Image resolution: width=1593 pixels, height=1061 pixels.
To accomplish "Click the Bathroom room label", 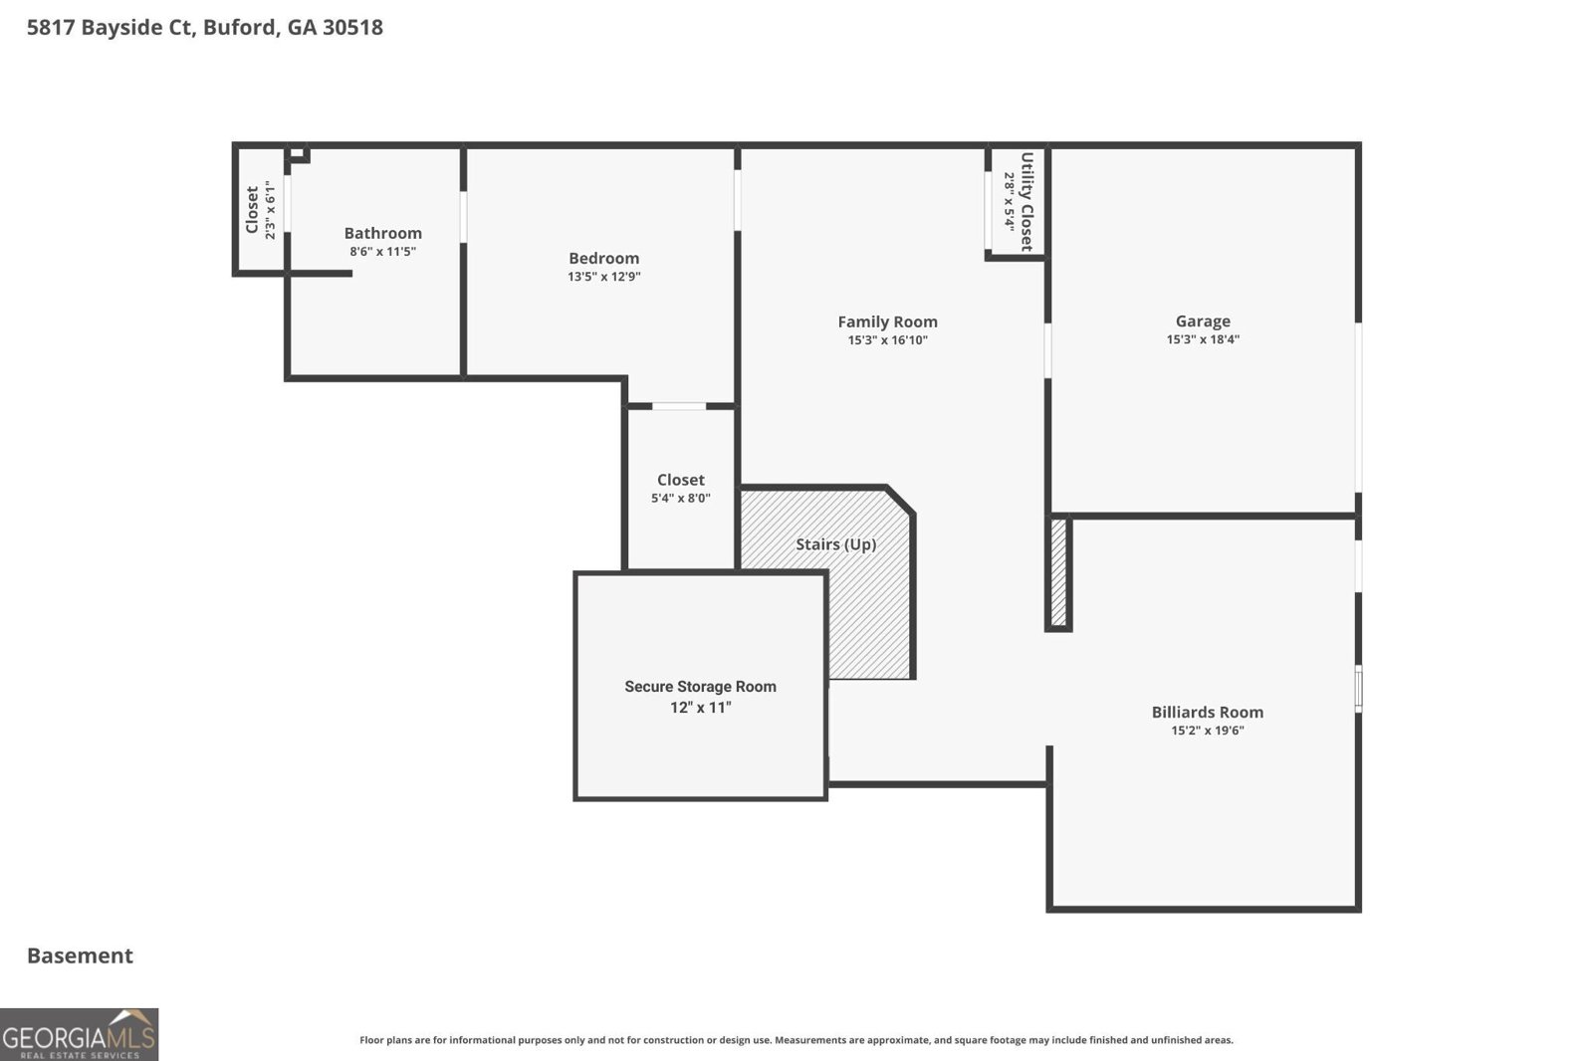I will point(382,233).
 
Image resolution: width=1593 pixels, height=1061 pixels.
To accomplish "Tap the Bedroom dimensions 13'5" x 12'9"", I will point(603,277).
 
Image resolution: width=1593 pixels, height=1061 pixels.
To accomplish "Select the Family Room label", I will point(887,321).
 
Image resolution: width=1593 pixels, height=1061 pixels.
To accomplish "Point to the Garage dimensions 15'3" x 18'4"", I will point(1203,339).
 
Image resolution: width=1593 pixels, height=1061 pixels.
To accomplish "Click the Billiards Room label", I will point(1207,712).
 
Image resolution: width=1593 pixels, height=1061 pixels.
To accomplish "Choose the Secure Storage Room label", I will point(700,687).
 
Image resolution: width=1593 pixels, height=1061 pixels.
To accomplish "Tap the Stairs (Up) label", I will point(835,544).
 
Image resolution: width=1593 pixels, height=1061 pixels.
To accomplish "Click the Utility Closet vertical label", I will point(1026,201).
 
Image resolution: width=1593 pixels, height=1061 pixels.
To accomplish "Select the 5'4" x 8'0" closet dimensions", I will point(680,498).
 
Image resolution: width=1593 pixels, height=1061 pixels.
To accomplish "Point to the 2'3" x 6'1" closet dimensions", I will point(270,209).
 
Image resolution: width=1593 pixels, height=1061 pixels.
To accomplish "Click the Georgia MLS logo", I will point(79,1034).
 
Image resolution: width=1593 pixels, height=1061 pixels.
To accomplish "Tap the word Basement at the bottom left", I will point(80,955).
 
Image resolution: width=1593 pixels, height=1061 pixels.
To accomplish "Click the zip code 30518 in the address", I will point(352,27).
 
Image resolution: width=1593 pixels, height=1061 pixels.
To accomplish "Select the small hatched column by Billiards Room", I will point(1058,572).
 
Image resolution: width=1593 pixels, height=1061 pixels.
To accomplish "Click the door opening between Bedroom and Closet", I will point(679,406).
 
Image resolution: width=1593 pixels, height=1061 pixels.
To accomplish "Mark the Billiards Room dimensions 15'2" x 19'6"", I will point(1207,731).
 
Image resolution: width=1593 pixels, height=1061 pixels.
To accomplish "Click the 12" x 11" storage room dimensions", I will point(700,708).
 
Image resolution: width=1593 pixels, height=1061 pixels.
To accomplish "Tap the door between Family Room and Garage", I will point(1047,349).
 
